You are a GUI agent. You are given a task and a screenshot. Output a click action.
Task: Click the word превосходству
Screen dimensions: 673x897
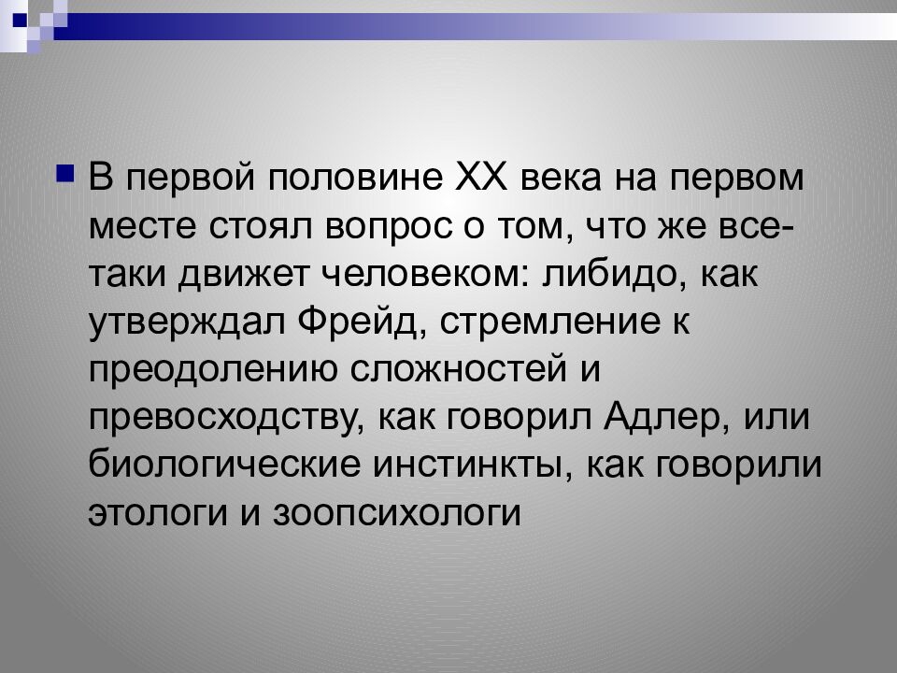pyautogui.click(x=221, y=416)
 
